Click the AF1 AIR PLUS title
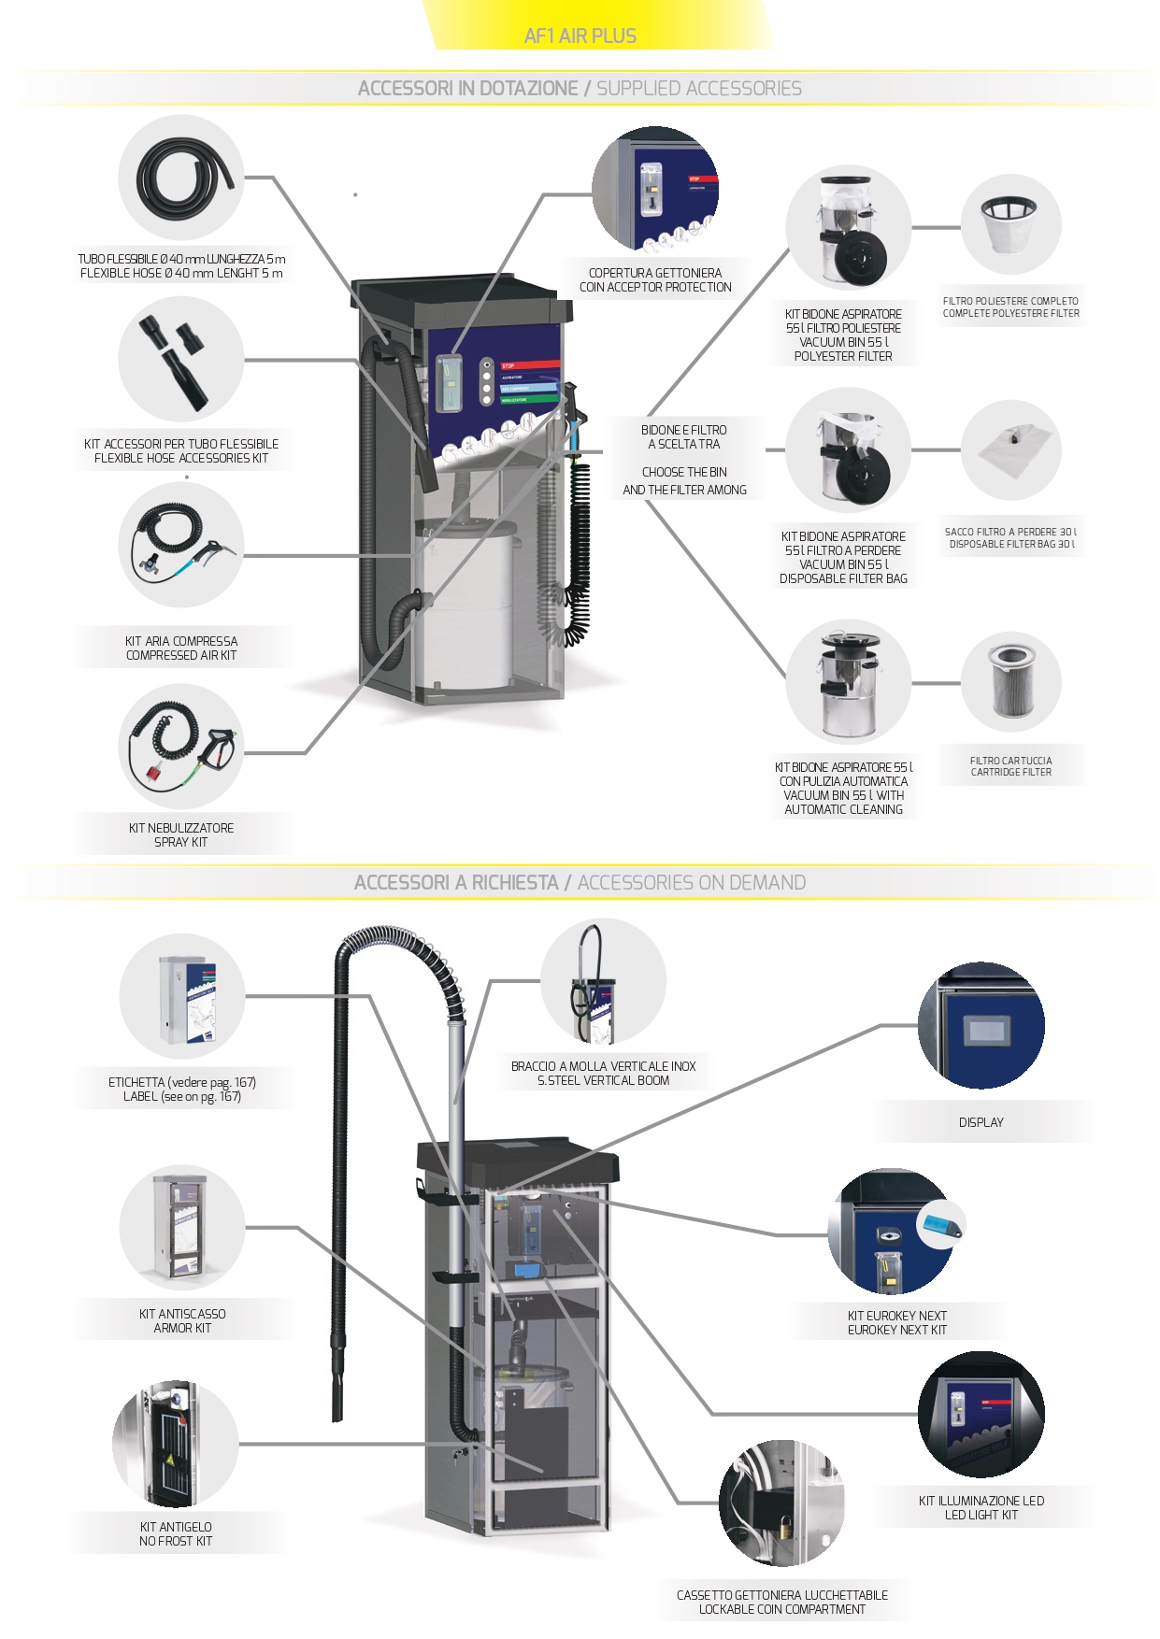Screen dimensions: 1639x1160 (x=580, y=36)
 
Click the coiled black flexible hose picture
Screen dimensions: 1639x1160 (x=181, y=176)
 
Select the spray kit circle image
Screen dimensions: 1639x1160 (x=181, y=747)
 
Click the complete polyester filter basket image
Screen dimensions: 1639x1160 (x=1010, y=225)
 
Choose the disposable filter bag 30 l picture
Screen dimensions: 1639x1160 (x=1010, y=450)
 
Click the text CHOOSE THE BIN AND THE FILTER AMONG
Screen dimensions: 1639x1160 (x=684, y=480)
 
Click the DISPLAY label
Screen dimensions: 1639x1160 (x=981, y=1122)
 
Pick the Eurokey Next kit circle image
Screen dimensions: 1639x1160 (x=893, y=1233)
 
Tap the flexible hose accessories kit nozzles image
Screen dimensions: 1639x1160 (x=181, y=359)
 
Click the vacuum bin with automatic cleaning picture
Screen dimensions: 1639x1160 (x=848, y=683)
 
